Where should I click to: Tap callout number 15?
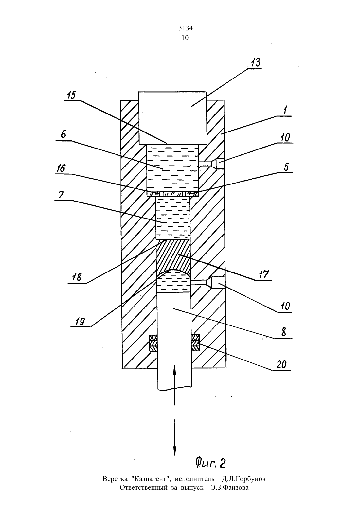click(71, 95)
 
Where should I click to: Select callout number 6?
click(63, 134)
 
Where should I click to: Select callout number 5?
click(286, 167)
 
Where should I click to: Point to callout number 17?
click(264, 274)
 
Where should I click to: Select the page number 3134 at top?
click(186, 28)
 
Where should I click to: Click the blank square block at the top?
click(173, 118)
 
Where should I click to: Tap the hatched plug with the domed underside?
click(173, 256)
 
